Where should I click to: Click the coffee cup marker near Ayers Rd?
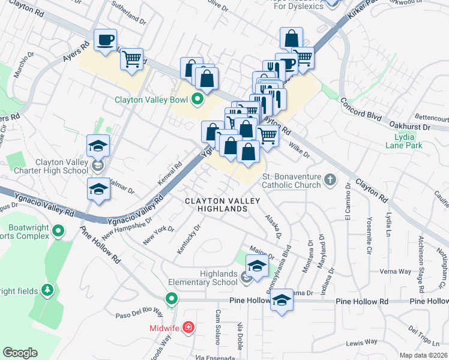(x=106, y=40)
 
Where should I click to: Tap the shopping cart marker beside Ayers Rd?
(x=131, y=59)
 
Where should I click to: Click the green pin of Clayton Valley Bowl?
(x=197, y=99)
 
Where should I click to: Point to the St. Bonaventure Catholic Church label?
(x=291, y=180)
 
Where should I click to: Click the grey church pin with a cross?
(x=330, y=179)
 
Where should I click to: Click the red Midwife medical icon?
(x=188, y=327)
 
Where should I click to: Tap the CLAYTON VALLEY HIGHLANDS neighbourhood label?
(x=217, y=204)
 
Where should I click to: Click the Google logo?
(x=20, y=353)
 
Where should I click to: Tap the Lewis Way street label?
(x=361, y=342)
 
